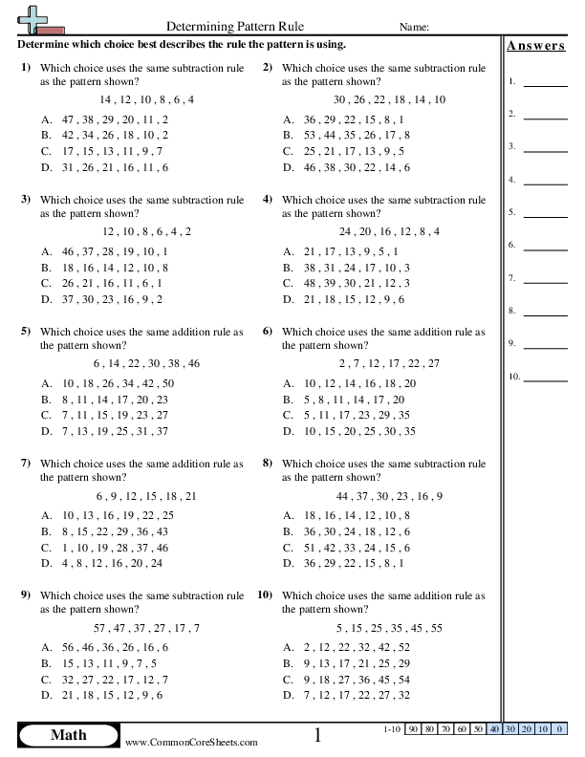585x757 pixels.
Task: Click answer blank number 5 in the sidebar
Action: click(x=546, y=216)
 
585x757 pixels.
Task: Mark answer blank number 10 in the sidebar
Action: click(x=546, y=380)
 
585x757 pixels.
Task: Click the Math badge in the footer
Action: click(x=66, y=735)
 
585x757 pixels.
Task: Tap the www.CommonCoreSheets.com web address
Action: click(x=191, y=742)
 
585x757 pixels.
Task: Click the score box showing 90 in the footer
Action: click(x=414, y=728)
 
